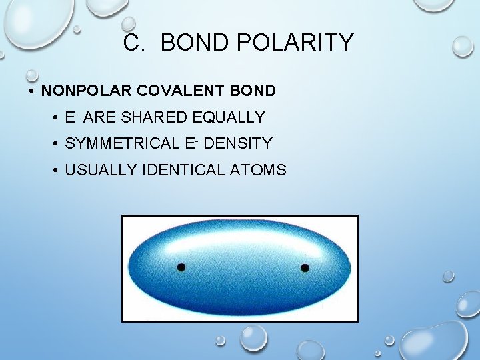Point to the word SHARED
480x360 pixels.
point(155,117)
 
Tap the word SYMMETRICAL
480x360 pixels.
point(123,143)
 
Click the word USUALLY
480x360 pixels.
point(101,170)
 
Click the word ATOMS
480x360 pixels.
point(258,170)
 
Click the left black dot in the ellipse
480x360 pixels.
point(181,267)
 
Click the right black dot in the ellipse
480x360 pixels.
point(305,268)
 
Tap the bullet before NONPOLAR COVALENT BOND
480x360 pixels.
point(31,91)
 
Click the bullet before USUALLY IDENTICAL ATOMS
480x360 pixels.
point(55,171)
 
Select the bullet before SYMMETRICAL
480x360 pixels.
point(55,144)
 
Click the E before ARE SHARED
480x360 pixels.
point(69,118)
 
